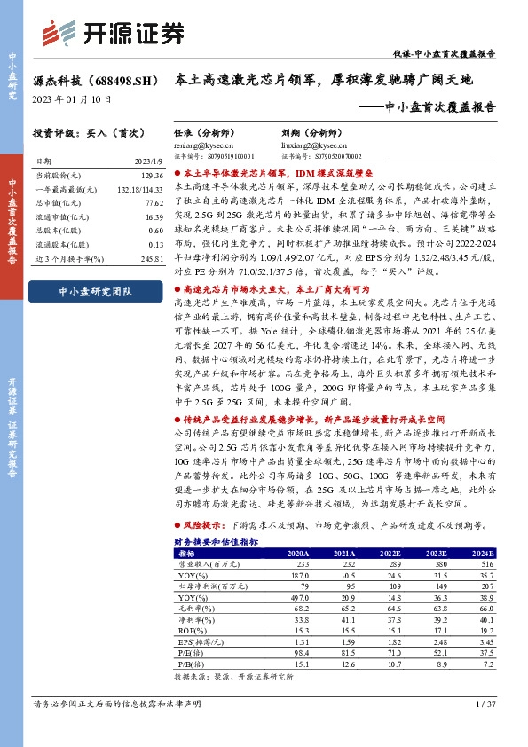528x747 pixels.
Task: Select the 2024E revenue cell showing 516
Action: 485,563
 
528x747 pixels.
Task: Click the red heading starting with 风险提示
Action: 196,526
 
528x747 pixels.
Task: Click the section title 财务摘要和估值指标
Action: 216,539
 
